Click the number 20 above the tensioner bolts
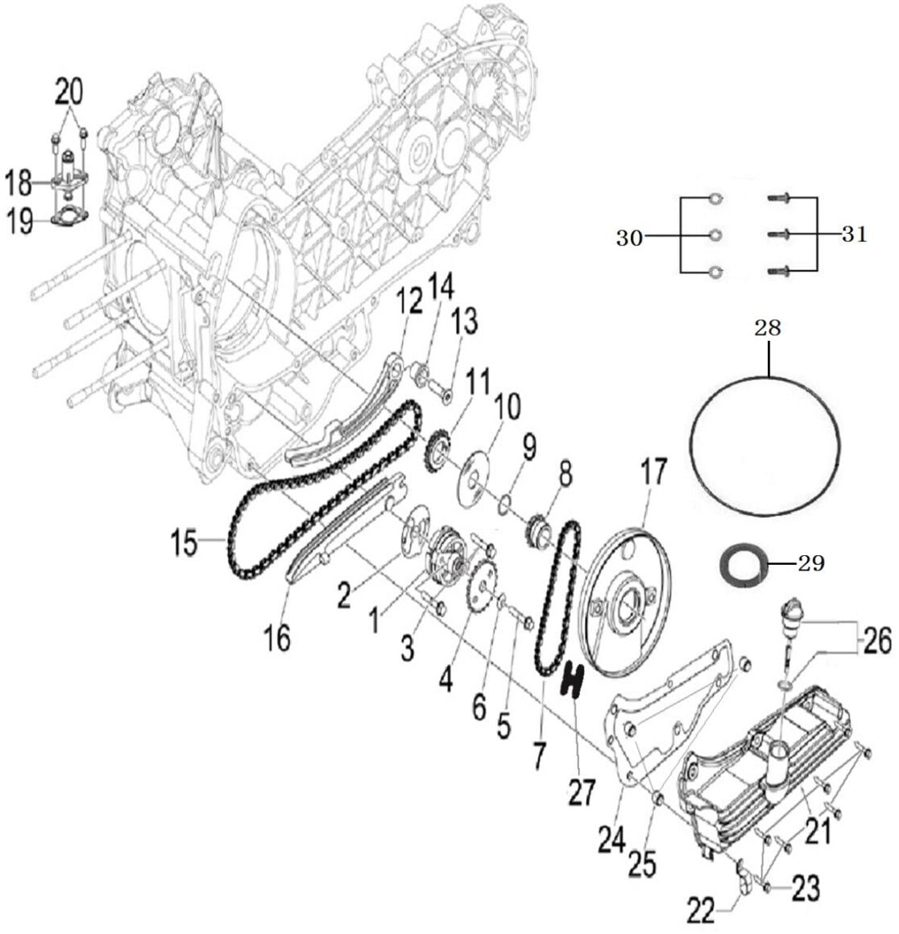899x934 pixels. (x=68, y=93)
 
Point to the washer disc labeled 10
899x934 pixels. (x=474, y=479)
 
